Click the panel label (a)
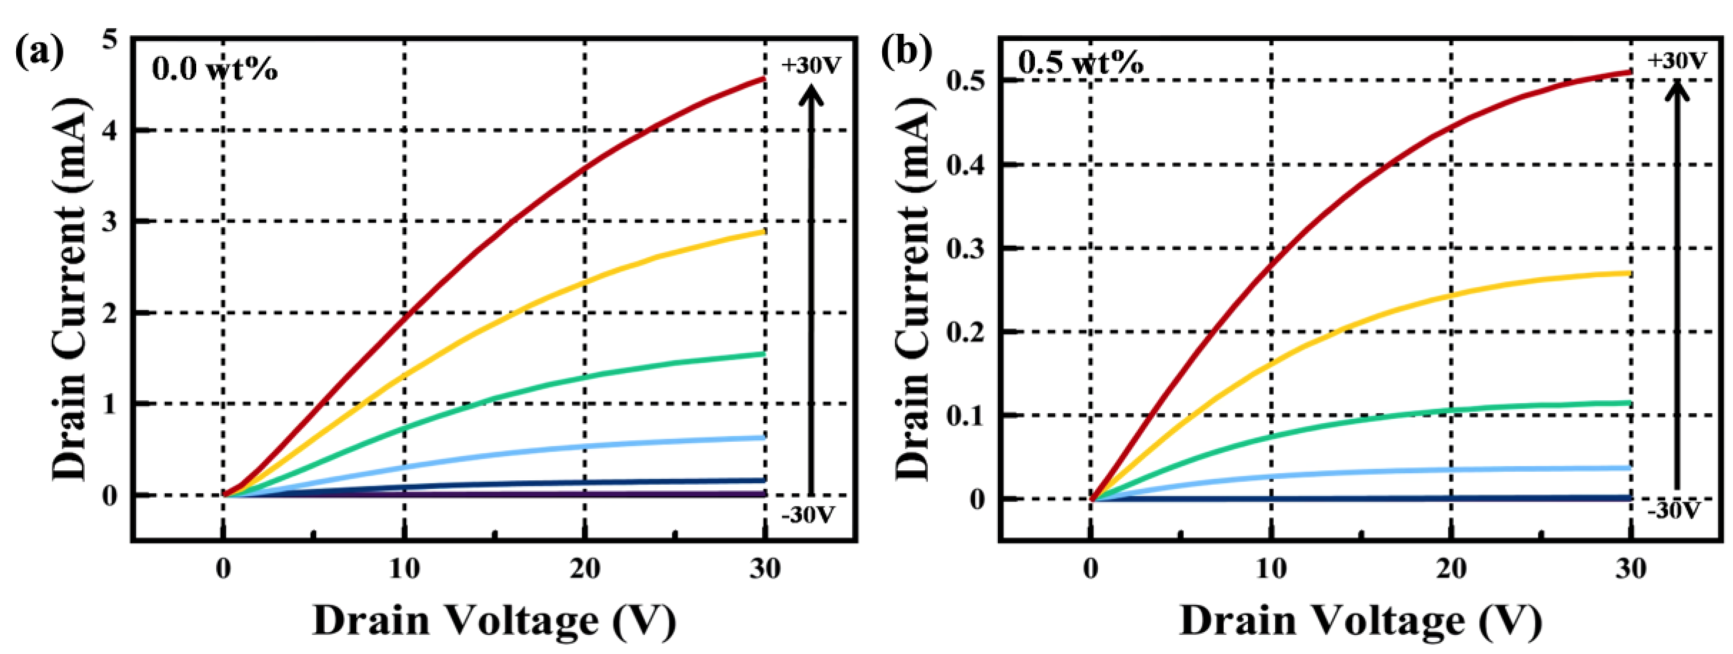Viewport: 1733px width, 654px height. pos(40,52)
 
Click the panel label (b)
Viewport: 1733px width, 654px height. pos(907,52)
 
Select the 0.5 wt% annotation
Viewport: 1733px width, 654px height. pos(1080,63)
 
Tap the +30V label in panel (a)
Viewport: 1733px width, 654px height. pos(811,65)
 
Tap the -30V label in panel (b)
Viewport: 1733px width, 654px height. pos(1674,509)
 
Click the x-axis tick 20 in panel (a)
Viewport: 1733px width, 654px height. pos(584,569)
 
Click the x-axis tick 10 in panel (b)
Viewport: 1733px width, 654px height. pos(1271,569)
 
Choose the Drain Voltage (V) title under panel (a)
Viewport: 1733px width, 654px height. pos(495,620)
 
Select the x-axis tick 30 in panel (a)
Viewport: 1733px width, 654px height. pos(765,569)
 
